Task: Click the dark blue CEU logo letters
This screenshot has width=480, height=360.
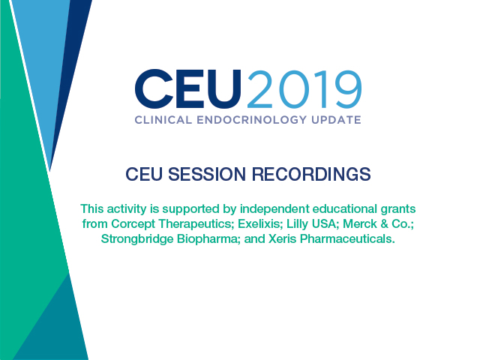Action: [x=188, y=88]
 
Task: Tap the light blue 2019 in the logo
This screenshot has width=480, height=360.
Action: [x=304, y=89]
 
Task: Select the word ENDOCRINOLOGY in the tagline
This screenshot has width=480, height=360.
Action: [x=252, y=120]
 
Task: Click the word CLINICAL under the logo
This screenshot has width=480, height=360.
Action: [x=163, y=120]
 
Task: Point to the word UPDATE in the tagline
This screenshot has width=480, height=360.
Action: [x=336, y=120]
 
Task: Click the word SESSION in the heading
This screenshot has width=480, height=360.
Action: [x=207, y=174]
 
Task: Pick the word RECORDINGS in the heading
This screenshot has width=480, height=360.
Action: [x=311, y=174]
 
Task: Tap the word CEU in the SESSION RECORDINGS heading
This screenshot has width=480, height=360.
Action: [x=143, y=174]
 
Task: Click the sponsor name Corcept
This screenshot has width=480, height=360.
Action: [x=133, y=224]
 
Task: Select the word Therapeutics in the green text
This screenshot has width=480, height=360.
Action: [x=196, y=224]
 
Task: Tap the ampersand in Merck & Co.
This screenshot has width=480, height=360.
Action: [x=384, y=223]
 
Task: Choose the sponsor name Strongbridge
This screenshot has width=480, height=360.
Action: [x=137, y=239]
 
